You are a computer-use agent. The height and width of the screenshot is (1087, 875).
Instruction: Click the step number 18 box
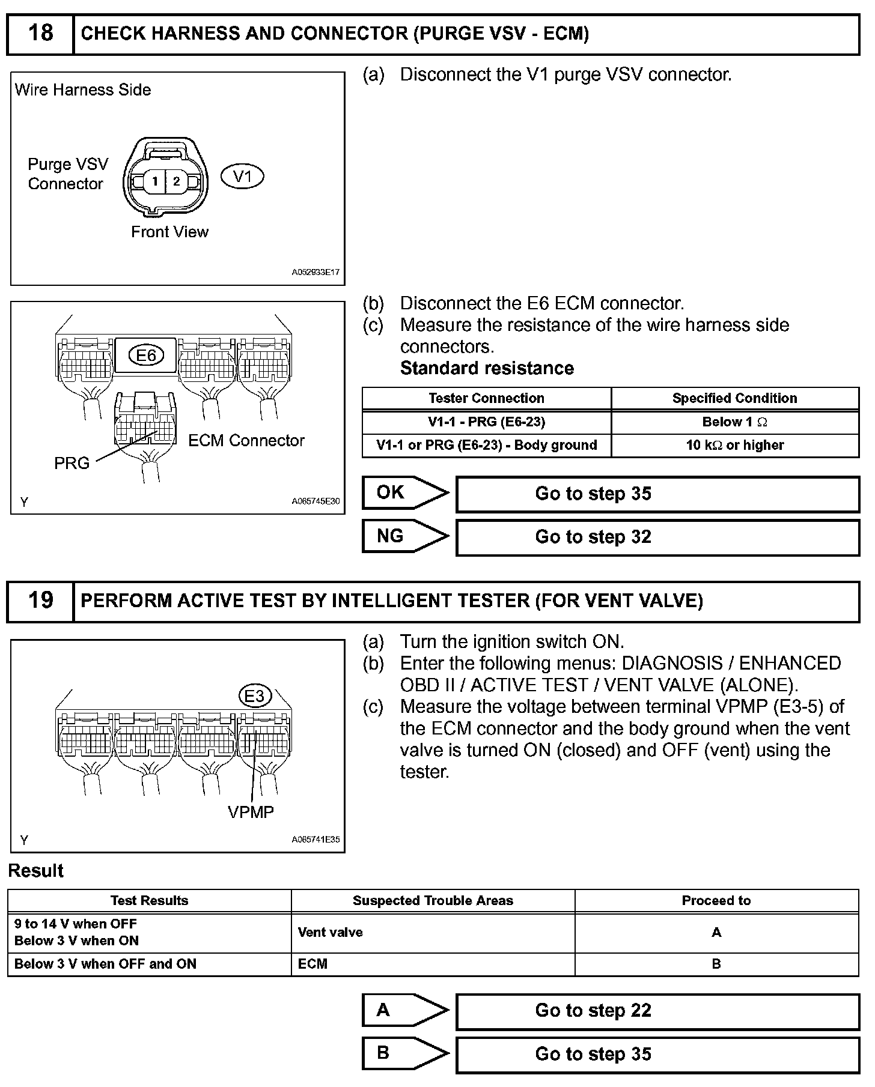[40, 34]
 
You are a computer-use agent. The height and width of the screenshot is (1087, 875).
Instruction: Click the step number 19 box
[40, 601]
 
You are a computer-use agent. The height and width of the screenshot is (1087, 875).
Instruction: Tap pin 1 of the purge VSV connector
[155, 181]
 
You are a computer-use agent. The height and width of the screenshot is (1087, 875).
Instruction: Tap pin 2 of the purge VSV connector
[176, 181]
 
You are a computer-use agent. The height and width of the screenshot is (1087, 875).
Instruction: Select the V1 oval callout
[242, 177]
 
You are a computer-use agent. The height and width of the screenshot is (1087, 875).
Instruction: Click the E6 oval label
[146, 356]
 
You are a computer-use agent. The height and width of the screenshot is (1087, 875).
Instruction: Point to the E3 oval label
[255, 696]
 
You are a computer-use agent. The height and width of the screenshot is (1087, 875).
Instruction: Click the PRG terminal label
[72, 463]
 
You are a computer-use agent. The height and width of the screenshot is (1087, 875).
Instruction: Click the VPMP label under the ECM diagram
[251, 812]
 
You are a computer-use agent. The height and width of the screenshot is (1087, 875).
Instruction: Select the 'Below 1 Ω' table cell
[734, 422]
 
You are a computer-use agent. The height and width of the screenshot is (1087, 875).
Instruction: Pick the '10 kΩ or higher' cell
[734, 445]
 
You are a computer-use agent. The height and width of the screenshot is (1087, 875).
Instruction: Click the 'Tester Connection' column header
[486, 398]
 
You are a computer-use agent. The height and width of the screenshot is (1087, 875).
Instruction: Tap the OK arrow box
[404, 493]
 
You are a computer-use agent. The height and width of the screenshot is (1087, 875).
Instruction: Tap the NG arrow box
[404, 536]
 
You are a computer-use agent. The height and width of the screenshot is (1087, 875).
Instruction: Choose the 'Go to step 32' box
[657, 537]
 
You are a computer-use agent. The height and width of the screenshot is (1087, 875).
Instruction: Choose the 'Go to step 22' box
[657, 1011]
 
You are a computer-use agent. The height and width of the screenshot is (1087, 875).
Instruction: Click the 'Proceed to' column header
[716, 901]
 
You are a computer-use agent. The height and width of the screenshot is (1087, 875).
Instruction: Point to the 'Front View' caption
[169, 232]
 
